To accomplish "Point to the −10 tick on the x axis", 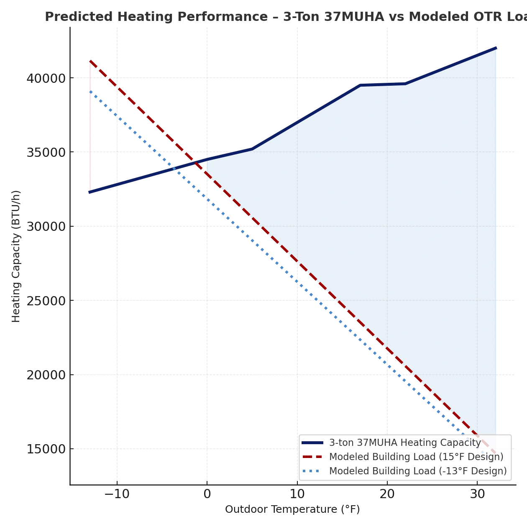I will pos(117,494).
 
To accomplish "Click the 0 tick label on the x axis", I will pos(207,494).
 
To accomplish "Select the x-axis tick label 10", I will pos(297,494).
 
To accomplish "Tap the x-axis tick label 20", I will pos(387,494).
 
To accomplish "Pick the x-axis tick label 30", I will pos(477,494).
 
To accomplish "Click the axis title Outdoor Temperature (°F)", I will pos(292,509).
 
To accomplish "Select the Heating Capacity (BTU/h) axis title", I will pos(16,256).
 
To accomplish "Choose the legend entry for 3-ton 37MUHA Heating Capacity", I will pos(405,443).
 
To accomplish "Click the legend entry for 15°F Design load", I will pos(416,457).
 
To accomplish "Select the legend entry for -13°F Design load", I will pos(417,471).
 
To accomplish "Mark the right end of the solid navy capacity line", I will pos(496,48).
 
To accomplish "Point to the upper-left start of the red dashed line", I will pos(90,61).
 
